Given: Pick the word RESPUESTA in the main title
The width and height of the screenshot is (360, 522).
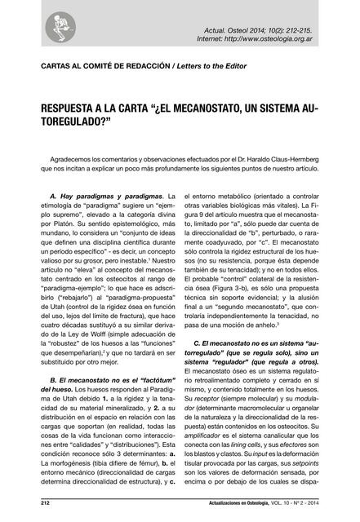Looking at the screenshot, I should click(x=69, y=108).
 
